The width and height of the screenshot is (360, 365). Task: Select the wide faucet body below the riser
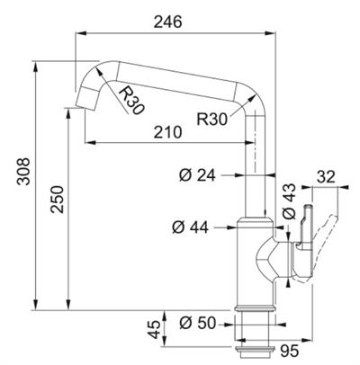pos(255,261)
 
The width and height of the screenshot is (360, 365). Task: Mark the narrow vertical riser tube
pos(256,171)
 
